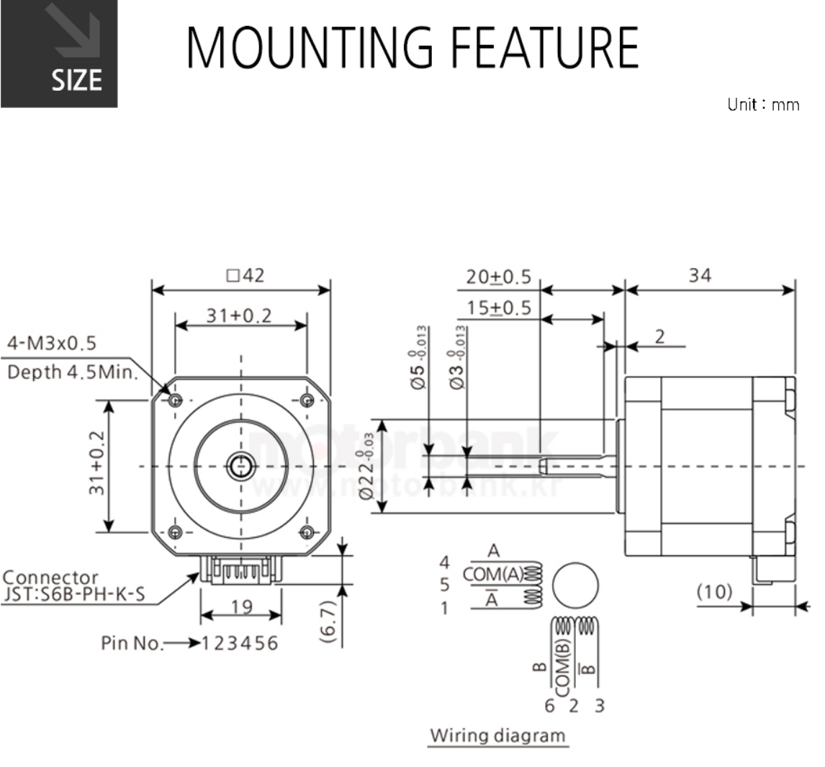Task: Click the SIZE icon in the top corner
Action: (x=58, y=54)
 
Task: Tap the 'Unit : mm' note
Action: (x=762, y=105)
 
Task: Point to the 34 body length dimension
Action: (x=699, y=275)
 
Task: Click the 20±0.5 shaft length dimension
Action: (x=498, y=276)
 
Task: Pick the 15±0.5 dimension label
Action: (x=498, y=308)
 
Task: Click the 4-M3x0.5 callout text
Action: (x=51, y=343)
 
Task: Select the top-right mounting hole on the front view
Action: (x=307, y=400)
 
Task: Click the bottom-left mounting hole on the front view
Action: (x=174, y=533)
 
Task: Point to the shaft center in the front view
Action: (x=240, y=467)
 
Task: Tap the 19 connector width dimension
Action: (x=242, y=607)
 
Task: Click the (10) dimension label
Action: (x=714, y=592)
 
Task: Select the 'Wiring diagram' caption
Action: (x=497, y=735)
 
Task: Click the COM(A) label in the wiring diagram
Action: (x=493, y=574)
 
